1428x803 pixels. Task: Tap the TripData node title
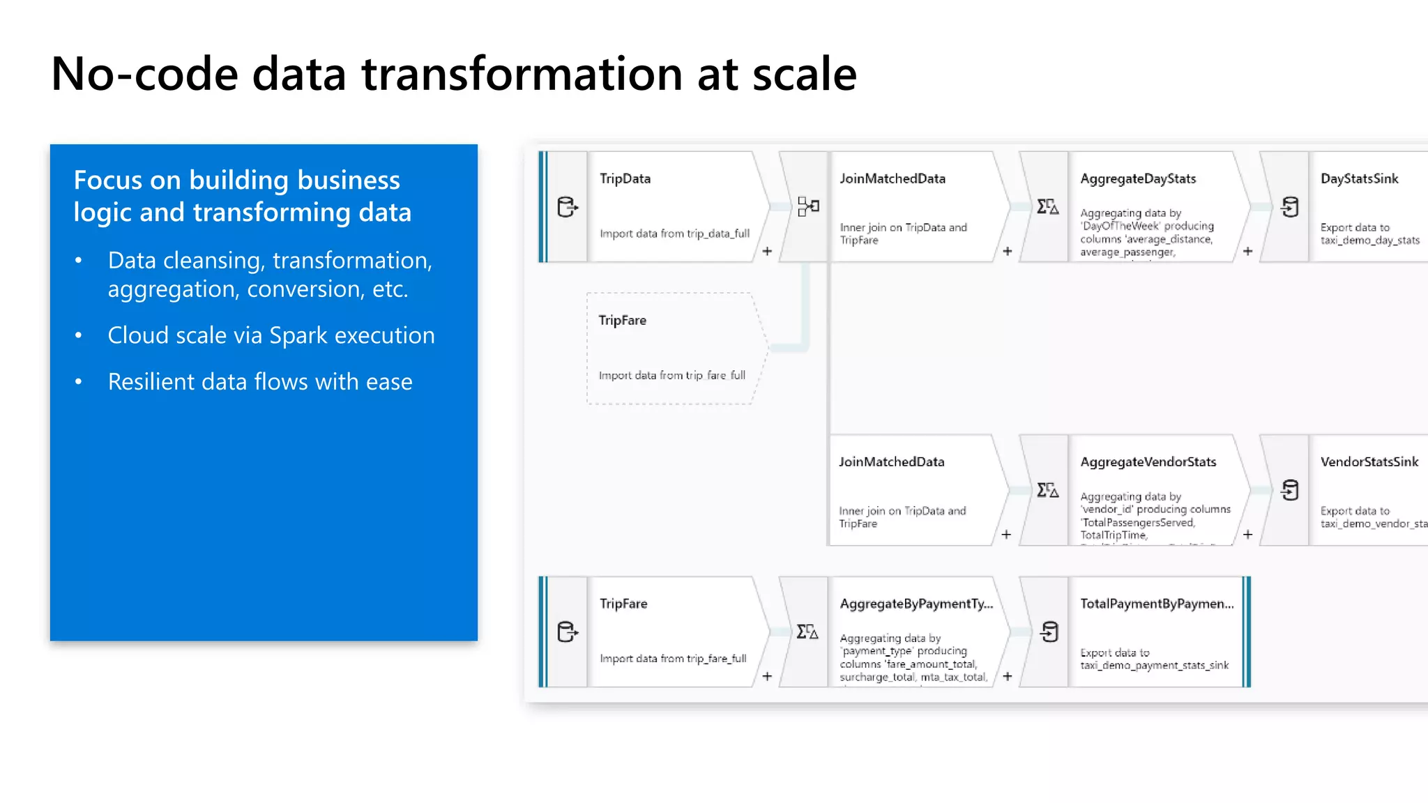[625, 178]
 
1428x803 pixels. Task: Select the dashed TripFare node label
[622, 320]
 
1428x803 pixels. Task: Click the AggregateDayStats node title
[1138, 178]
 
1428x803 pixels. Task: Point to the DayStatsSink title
[1359, 178]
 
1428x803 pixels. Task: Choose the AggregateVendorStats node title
[1148, 461]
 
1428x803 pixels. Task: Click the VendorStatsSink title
[1369, 461]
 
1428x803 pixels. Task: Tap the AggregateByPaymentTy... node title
[916, 604]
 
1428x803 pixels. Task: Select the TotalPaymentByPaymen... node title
[1157, 604]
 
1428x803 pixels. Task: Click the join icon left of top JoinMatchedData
[808, 206]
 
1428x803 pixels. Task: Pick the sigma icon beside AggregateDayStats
[1047, 206]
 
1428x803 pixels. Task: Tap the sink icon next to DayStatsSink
[1290, 207]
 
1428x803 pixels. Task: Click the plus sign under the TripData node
[767, 251]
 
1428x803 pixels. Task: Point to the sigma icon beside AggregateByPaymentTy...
[807, 632]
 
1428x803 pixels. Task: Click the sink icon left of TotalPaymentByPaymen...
[1049, 632]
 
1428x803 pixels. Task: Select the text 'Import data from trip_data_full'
[674, 234]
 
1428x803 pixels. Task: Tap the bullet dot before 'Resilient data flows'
[79, 381]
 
